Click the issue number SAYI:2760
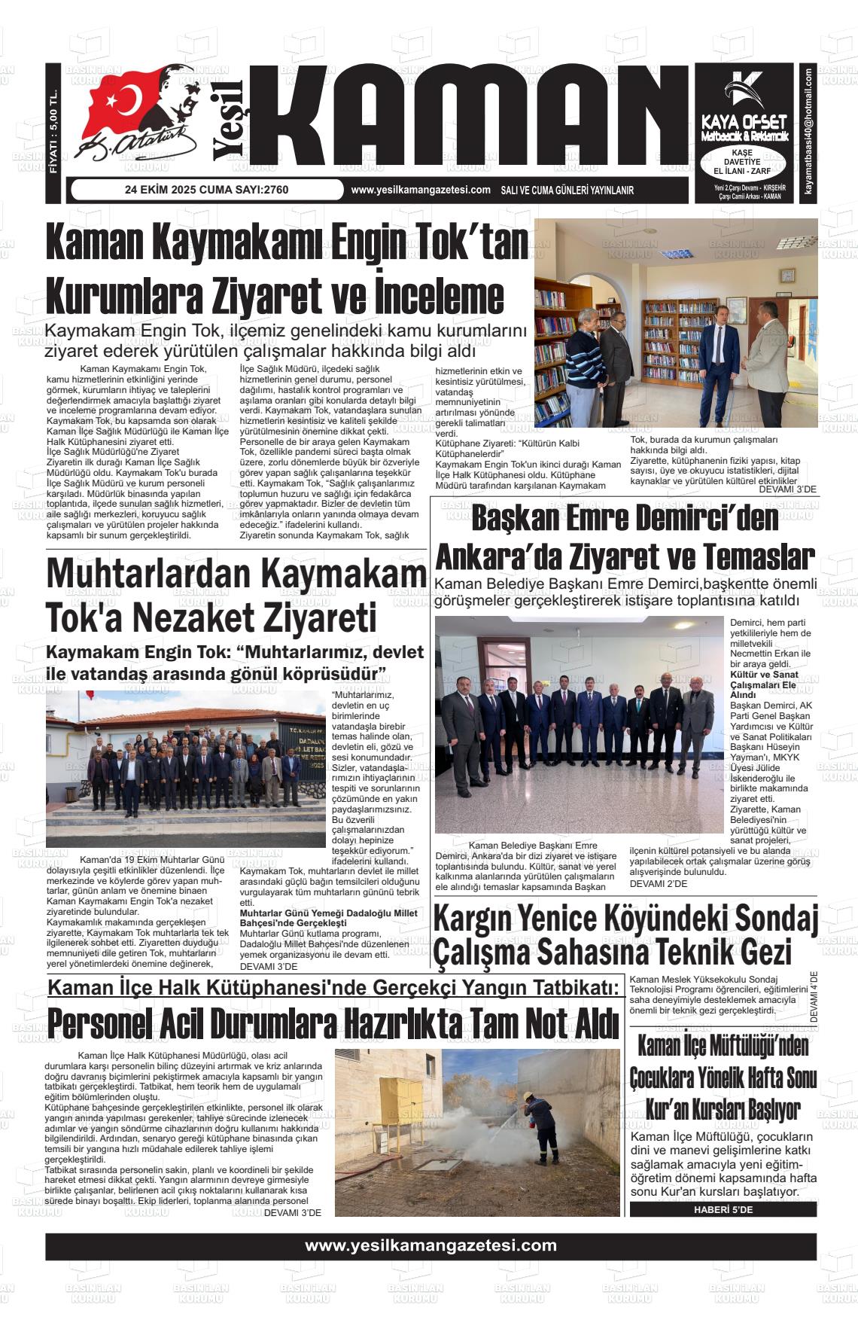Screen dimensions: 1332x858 coord(255,190)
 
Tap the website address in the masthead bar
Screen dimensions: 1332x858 coord(420,190)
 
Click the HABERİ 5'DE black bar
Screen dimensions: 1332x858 coord(723,1209)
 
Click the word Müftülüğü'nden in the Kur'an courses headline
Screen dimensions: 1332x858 coord(760,1046)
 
